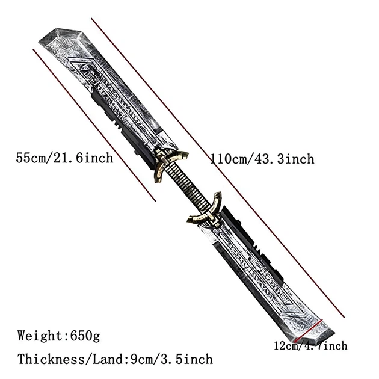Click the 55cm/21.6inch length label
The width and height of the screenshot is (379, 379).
pos(64,158)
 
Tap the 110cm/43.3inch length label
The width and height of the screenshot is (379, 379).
pos(262,159)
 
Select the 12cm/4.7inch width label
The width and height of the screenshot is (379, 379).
pos(310,346)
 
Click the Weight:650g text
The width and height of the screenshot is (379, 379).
pos(59,336)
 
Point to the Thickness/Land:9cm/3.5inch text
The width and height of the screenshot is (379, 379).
pos(115,359)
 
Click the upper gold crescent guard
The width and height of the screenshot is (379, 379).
pos(169,162)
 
